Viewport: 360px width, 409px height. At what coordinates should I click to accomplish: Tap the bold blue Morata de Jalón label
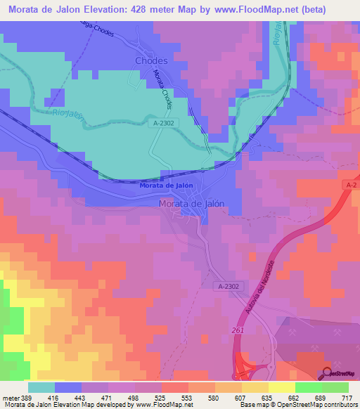166,186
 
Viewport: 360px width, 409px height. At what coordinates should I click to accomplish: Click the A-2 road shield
352,184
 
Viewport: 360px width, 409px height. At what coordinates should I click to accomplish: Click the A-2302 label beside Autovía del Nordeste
229,287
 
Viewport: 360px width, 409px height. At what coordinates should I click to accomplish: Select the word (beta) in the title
338,10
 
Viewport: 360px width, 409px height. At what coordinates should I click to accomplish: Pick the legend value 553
188,397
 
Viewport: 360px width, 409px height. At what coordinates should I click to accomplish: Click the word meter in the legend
11,397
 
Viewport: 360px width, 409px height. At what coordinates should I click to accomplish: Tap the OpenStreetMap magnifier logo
325,374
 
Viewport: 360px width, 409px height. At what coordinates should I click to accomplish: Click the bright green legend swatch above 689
308,387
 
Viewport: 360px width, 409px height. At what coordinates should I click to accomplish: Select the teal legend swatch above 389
41,387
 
